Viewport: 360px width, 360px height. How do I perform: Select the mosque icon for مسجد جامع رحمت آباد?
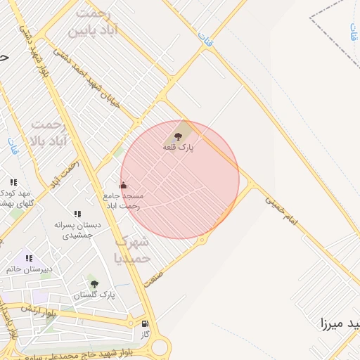(x=124, y=184)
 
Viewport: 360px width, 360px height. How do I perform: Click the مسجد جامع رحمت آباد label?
(x=124, y=200)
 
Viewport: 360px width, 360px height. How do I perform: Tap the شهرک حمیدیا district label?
(x=132, y=249)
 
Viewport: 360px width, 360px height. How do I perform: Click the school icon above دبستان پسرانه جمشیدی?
(x=77, y=214)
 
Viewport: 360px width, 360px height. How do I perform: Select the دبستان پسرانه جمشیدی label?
(x=77, y=230)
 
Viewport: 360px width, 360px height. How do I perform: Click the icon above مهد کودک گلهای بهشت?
(x=13, y=182)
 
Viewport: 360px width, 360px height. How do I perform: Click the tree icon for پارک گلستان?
(x=94, y=284)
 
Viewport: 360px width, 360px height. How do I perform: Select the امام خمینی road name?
(x=281, y=210)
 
